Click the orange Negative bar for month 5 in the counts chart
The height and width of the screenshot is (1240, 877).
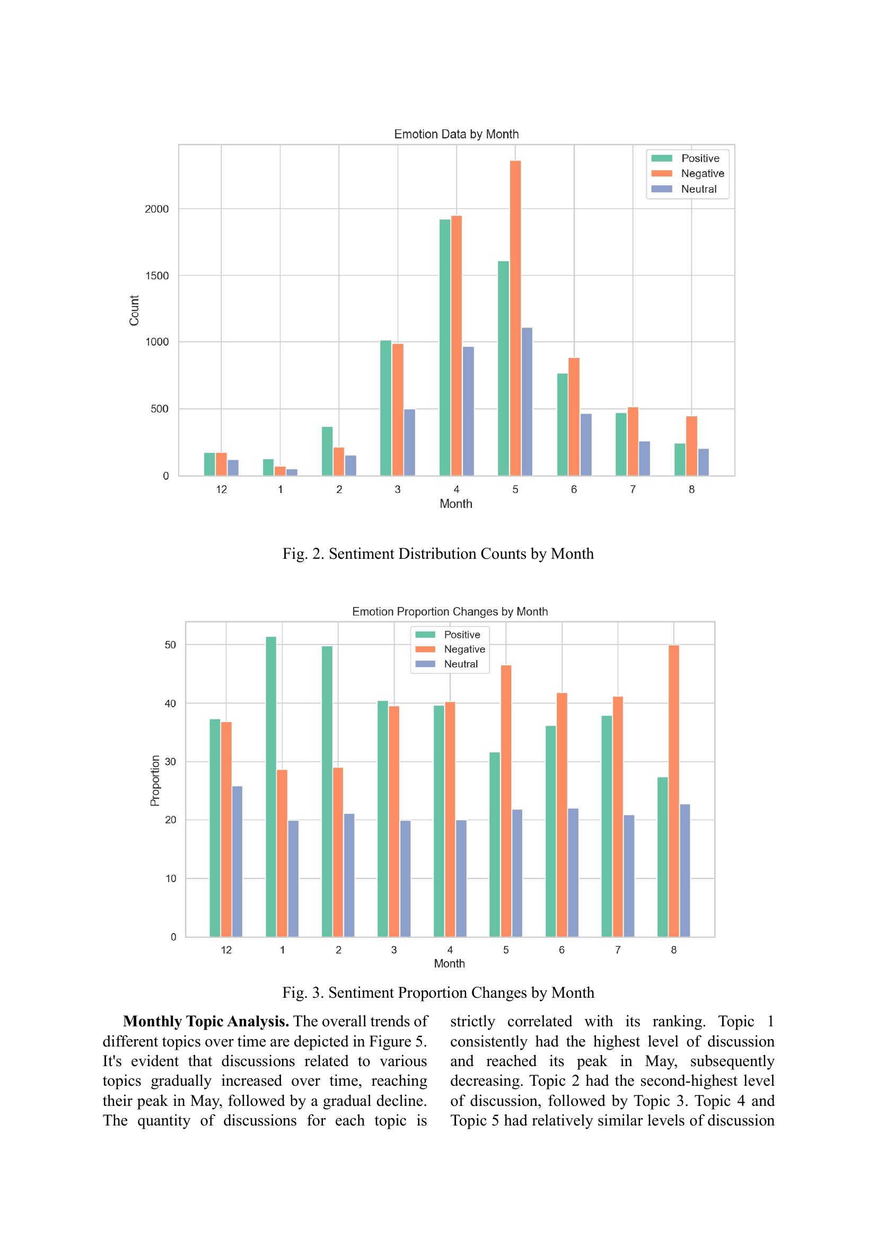[515, 318]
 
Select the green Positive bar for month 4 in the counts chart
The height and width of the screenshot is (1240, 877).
[445, 347]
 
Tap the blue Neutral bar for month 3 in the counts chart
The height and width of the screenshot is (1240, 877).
[409, 442]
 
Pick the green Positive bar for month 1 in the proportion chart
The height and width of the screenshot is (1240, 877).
[271, 787]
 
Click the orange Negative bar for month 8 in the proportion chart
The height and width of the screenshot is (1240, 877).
[673, 791]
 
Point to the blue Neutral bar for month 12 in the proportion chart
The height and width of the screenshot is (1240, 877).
[237, 861]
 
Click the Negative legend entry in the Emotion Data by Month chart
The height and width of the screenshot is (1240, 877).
[688, 173]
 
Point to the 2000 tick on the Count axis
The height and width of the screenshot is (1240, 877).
[156, 209]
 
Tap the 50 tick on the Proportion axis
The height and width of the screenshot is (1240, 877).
[171, 645]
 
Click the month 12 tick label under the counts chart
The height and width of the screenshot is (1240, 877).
[222, 489]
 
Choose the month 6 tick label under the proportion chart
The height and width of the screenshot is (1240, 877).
[562, 950]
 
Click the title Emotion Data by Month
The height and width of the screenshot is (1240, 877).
[457, 134]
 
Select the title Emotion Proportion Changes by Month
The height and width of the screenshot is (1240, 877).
[450, 611]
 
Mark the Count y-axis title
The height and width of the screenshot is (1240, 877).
[134, 310]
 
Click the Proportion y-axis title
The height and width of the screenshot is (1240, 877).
[155, 780]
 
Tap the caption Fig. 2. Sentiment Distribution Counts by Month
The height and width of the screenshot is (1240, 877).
[438, 553]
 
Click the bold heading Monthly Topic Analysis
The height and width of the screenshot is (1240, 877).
[206, 1021]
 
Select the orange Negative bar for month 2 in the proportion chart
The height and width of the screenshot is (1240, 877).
[338, 852]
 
